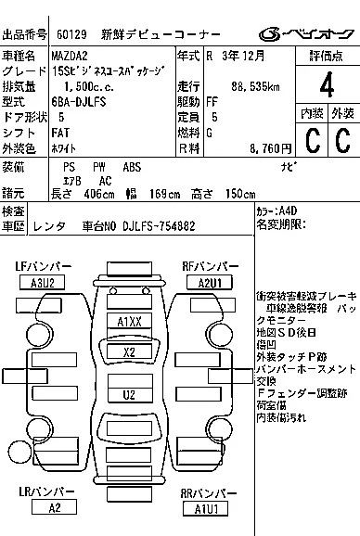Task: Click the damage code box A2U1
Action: tap(202, 282)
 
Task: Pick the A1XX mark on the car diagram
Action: tap(129, 322)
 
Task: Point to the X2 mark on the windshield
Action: tap(129, 352)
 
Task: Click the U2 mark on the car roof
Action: tap(129, 394)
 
